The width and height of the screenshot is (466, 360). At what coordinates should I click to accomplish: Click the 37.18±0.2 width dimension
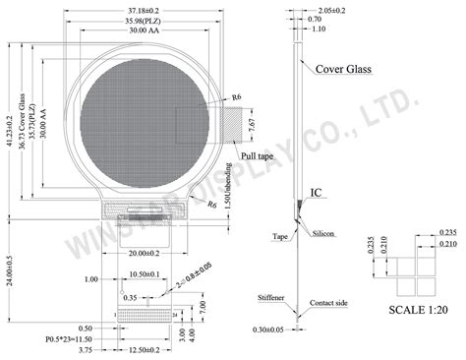[141, 9]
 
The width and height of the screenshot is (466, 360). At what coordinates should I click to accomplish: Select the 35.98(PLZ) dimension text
[141, 20]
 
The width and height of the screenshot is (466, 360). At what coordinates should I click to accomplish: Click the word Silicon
[323, 235]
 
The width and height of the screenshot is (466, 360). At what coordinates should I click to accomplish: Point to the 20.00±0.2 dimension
[141, 252]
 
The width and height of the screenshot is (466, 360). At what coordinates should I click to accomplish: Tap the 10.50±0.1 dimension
[145, 274]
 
